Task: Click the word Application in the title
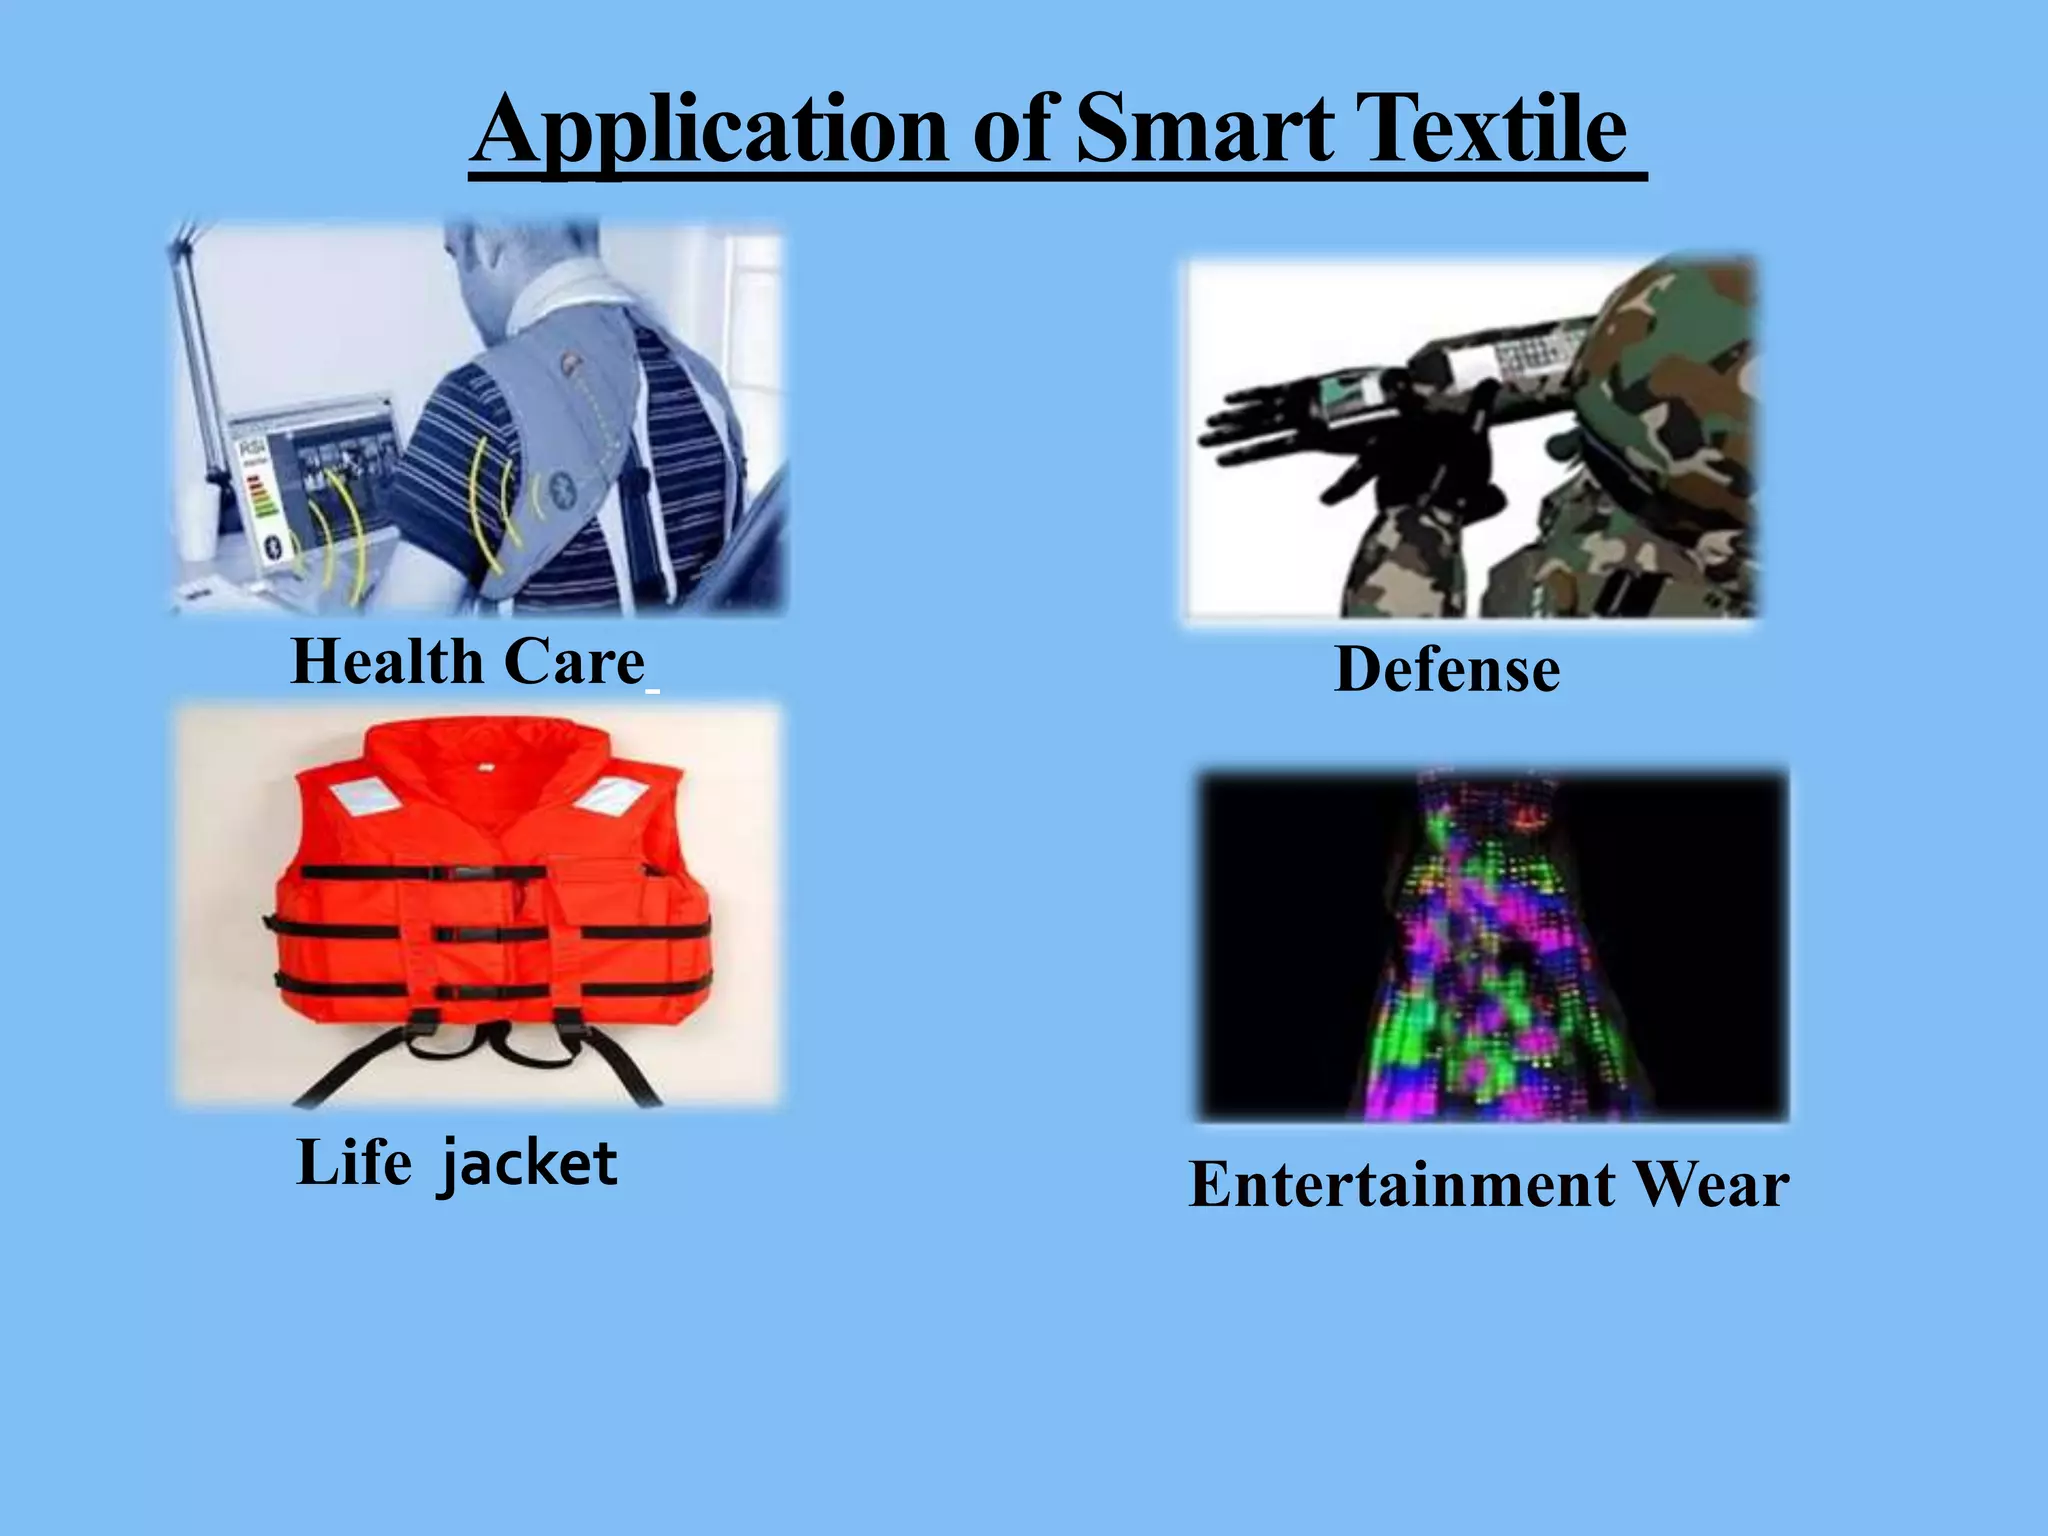[x=708, y=130]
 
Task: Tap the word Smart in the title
[x=1204, y=130]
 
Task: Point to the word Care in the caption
[x=574, y=662]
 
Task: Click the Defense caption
[x=1447, y=669]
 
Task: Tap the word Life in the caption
[x=354, y=1163]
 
